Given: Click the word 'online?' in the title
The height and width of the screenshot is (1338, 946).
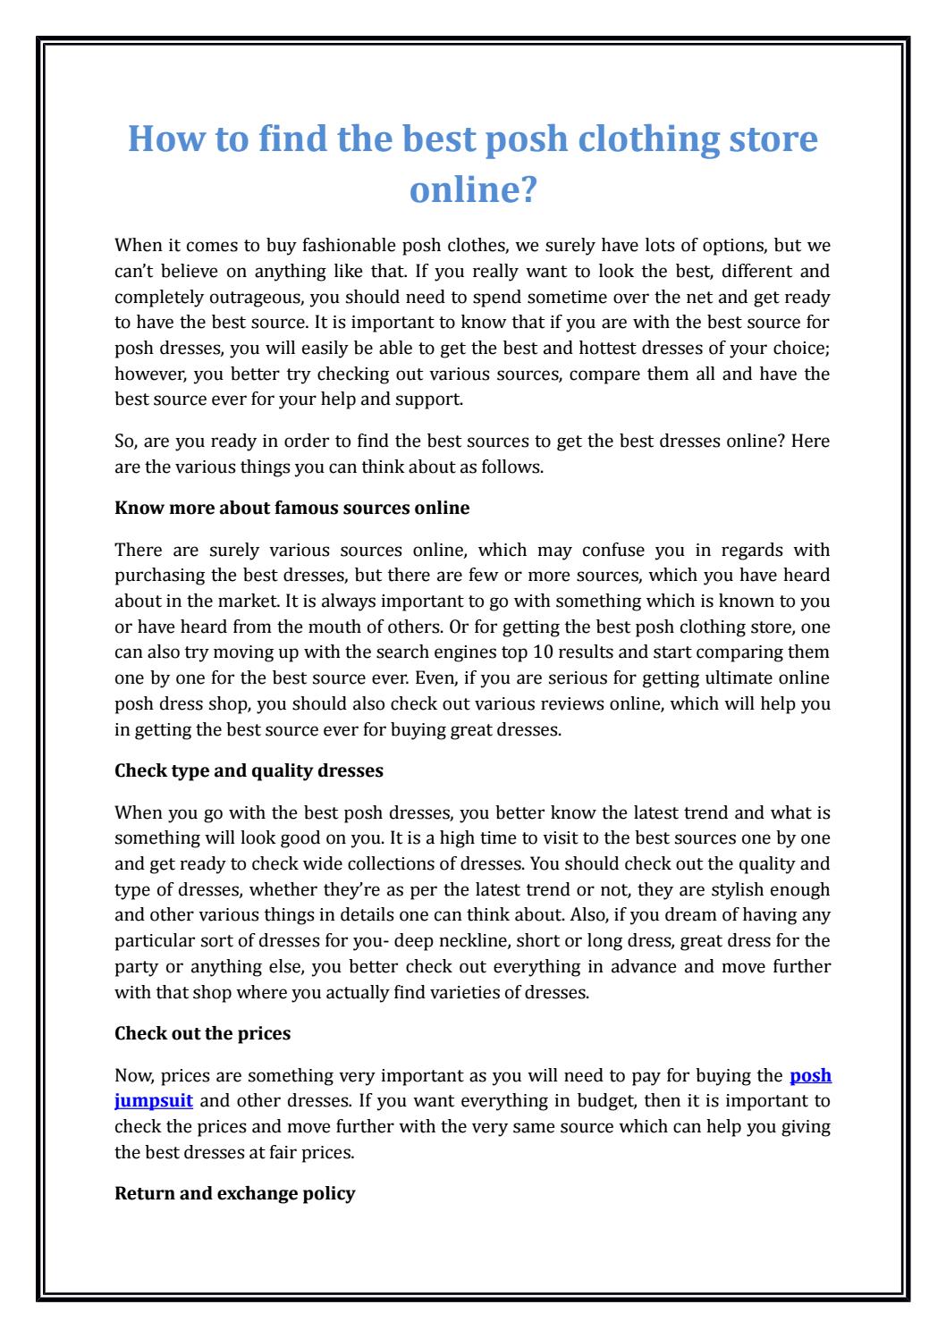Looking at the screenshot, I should tap(472, 189).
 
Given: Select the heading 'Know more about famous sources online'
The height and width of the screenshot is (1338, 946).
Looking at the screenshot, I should tap(292, 509).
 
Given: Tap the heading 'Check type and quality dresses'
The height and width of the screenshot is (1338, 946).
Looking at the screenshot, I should tap(249, 770).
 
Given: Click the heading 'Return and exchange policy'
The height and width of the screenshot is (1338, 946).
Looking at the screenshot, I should tap(235, 1193).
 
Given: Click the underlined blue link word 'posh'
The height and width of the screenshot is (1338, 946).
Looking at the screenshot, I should tap(812, 1076).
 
